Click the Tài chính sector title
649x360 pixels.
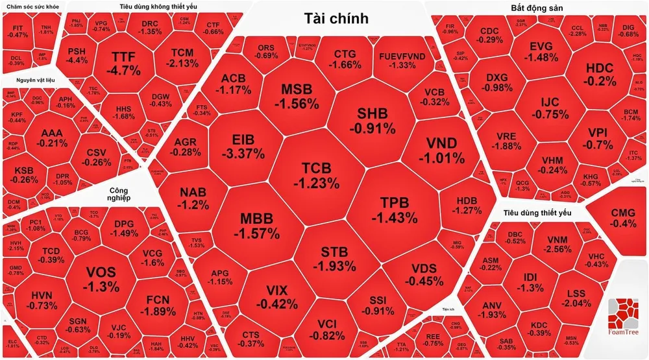pyautogui.click(x=336, y=18)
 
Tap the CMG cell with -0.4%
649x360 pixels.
pyautogui.click(x=623, y=218)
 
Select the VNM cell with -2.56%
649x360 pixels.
pyautogui.click(x=557, y=244)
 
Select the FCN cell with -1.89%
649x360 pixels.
pyautogui.click(x=158, y=305)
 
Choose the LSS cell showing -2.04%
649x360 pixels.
pyautogui.click(x=576, y=298)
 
